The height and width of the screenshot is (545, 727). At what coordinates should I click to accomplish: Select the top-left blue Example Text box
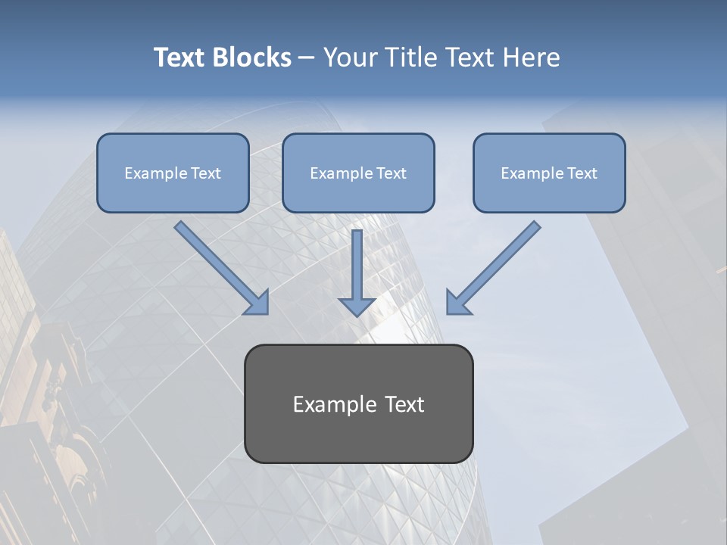173,173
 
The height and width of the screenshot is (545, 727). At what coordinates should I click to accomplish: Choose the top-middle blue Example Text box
358,173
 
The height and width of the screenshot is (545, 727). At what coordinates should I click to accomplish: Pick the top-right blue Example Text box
549,173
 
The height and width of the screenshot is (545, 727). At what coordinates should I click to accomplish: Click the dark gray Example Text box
358,403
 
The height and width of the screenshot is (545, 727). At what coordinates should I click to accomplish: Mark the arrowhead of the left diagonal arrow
257,303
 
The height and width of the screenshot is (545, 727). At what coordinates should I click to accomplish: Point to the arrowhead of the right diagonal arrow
457,303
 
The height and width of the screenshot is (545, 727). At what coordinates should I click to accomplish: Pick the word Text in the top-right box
582,173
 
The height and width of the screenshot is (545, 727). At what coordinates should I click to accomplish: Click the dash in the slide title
307,58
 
